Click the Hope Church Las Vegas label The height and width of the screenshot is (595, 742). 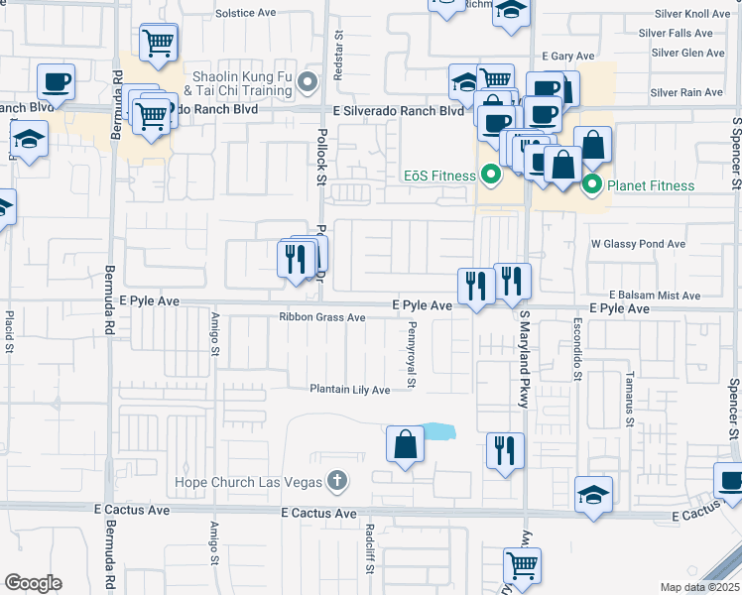(248, 482)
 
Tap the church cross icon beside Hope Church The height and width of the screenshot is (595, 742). (337, 481)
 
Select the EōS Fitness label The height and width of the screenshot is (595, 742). (439, 177)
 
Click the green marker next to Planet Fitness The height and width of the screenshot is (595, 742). (592, 183)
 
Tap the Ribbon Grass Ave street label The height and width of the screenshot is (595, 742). (321, 317)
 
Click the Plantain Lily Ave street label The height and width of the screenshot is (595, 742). (350, 390)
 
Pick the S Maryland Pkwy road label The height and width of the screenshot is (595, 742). (524, 358)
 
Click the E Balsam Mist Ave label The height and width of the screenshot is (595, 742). (655, 296)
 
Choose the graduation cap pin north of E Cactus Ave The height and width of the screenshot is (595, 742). (593, 495)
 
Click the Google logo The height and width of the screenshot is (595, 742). (33, 583)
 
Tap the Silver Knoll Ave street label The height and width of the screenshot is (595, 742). (691, 14)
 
